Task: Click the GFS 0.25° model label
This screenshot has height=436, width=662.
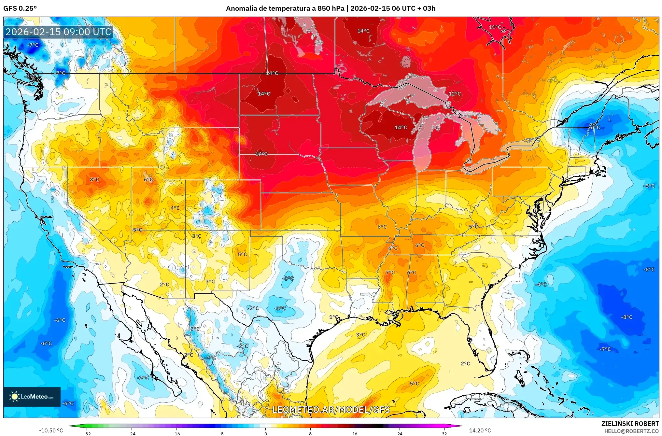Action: [20, 8]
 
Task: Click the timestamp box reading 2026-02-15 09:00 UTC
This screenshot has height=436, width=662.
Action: [58, 32]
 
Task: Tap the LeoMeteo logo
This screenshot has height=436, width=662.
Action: [32, 397]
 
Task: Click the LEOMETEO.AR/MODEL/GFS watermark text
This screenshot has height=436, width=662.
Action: [331, 410]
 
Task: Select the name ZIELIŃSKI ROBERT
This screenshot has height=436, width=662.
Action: [630, 424]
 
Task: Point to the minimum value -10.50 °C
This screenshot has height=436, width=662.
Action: [51, 430]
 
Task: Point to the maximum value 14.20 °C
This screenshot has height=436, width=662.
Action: [480, 430]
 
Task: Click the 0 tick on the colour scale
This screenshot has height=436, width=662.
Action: [265, 434]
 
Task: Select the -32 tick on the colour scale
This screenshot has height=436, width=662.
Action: [87, 434]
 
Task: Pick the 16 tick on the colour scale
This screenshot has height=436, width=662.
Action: [355, 434]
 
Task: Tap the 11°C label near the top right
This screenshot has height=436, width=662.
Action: [495, 27]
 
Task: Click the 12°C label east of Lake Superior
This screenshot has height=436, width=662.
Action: [455, 94]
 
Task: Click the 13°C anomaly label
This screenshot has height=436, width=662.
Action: [261, 154]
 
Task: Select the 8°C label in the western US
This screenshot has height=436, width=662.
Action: [94, 179]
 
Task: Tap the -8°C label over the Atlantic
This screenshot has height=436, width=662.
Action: [627, 317]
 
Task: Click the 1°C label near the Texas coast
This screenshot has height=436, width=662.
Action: [333, 317]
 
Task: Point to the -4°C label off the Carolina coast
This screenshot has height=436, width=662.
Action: [541, 284]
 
